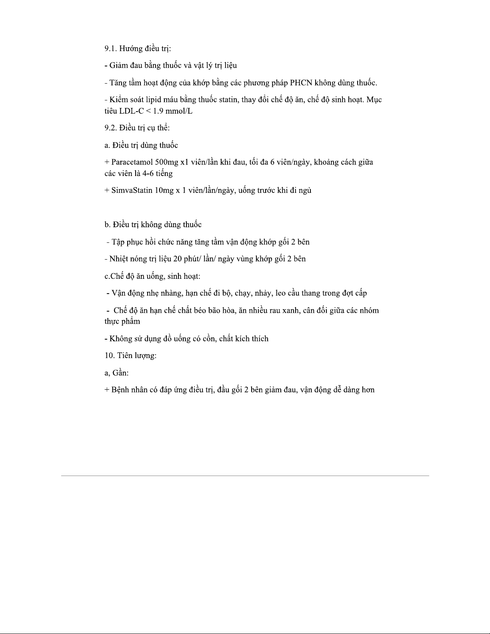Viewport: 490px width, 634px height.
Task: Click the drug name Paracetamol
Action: click(132, 162)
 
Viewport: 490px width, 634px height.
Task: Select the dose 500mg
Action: click(167, 162)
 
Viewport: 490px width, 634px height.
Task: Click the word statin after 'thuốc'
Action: click(229, 100)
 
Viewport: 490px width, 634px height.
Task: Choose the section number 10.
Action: click(109, 356)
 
